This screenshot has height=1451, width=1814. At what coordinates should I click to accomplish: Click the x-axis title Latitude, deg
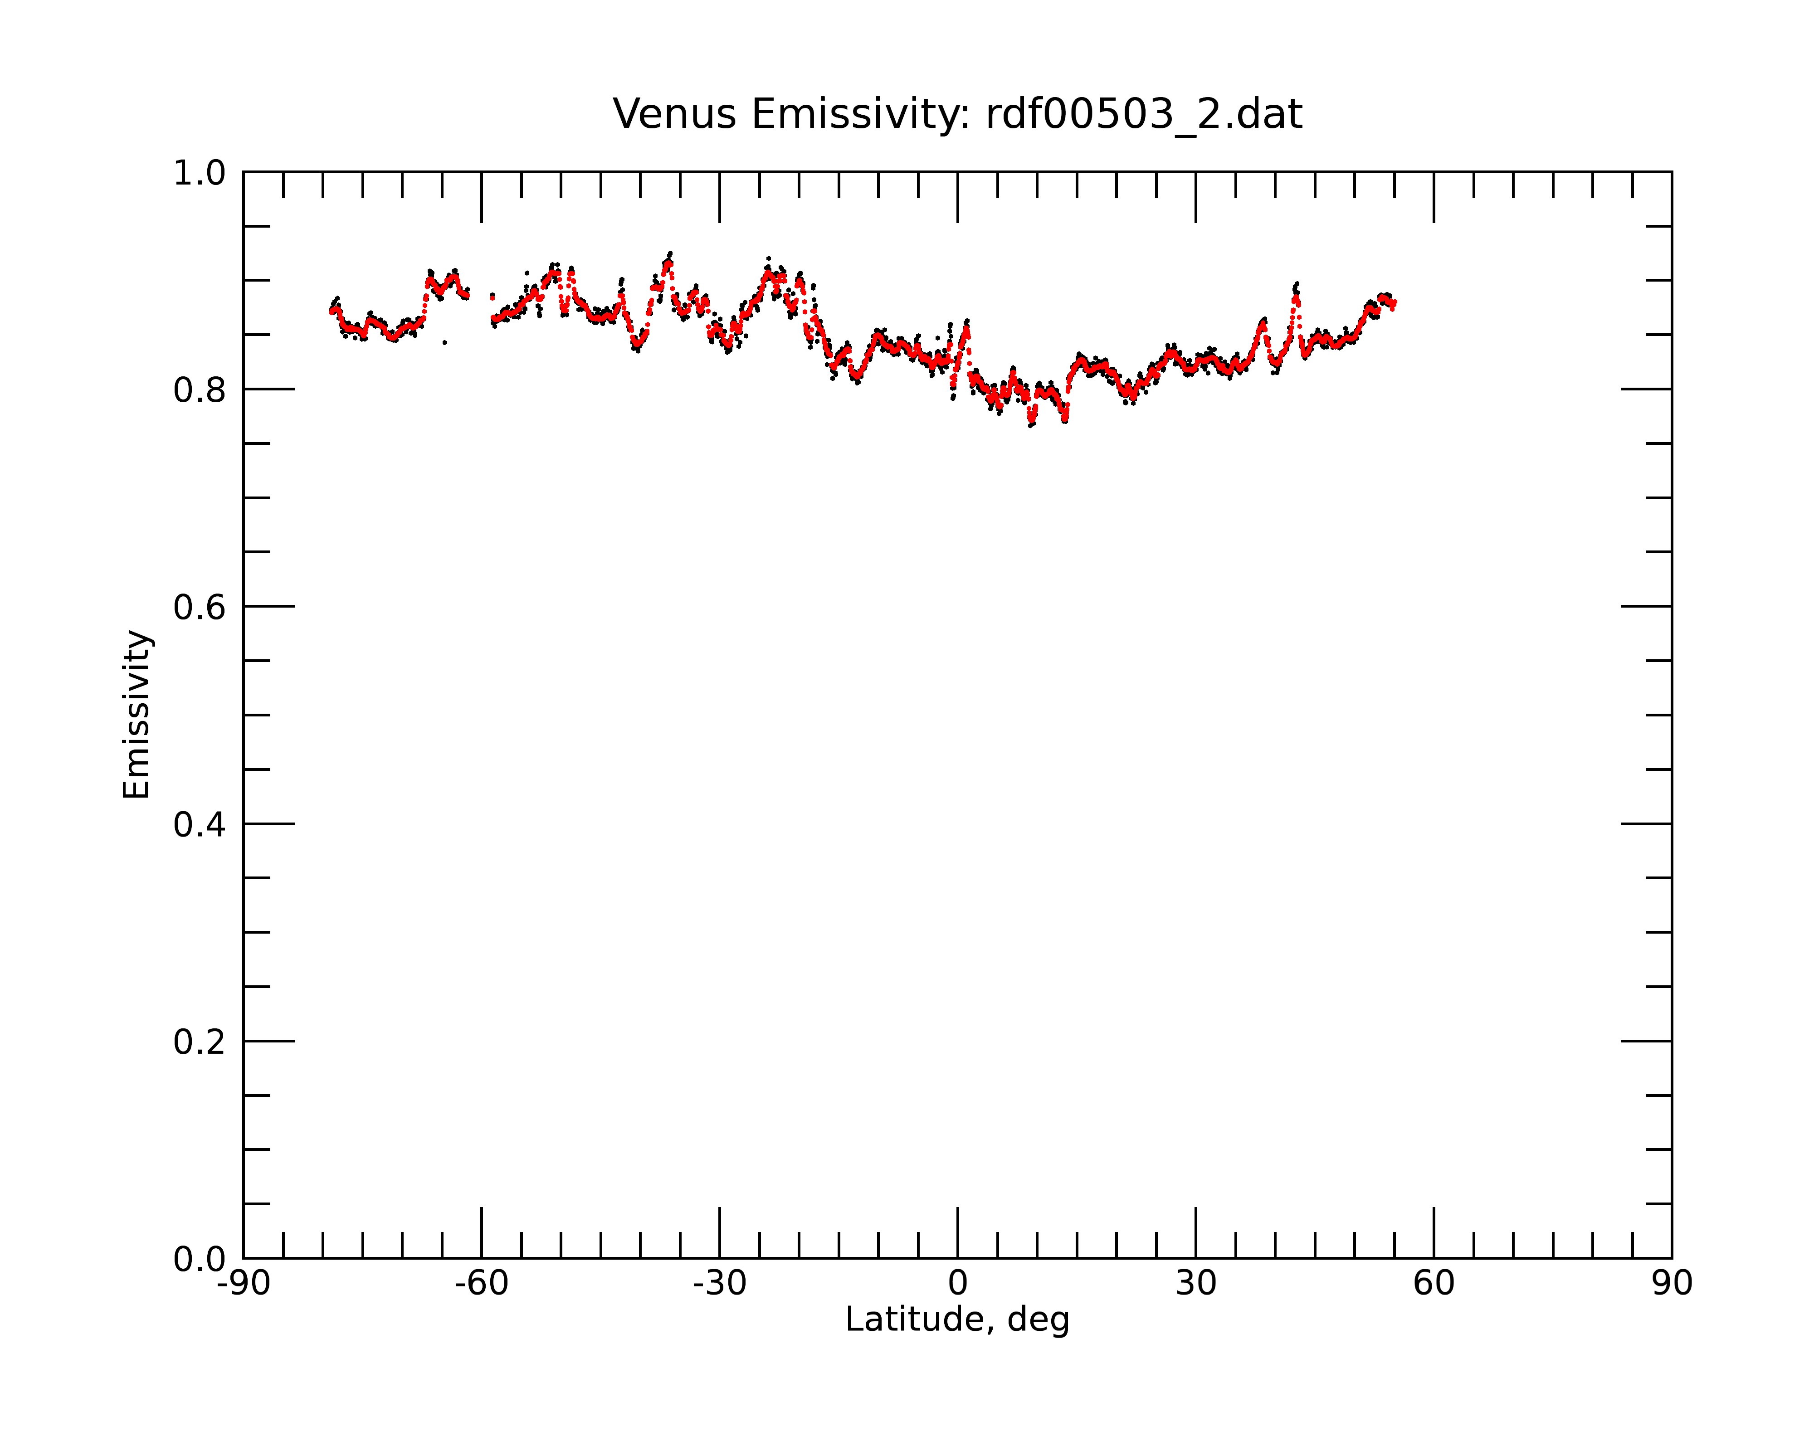pyautogui.click(x=957, y=1320)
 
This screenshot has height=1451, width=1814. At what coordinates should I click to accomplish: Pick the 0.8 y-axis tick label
pyautogui.click(x=200, y=390)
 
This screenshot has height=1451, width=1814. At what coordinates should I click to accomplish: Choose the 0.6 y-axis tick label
pyautogui.click(x=200, y=607)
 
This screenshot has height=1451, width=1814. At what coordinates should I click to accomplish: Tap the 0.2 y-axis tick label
pyautogui.click(x=200, y=1042)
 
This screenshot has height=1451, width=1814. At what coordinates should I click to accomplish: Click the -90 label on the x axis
pyautogui.click(x=243, y=1284)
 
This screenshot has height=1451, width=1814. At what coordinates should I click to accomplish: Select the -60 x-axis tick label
pyautogui.click(x=481, y=1284)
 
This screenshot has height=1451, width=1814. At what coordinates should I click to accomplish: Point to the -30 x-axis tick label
pyautogui.click(x=719, y=1284)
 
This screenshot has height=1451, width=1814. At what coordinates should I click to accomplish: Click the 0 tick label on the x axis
pyautogui.click(x=957, y=1284)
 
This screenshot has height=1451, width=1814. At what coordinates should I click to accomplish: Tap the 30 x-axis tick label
pyautogui.click(x=1195, y=1284)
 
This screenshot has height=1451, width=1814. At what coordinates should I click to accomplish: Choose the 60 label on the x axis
pyautogui.click(x=1434, y=1284)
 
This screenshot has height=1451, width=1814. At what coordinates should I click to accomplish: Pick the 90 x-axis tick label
pyautogui.click(x=1672, y=1284)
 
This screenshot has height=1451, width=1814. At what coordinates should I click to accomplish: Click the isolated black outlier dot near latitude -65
pyautogui.click(x=444, y=342)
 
